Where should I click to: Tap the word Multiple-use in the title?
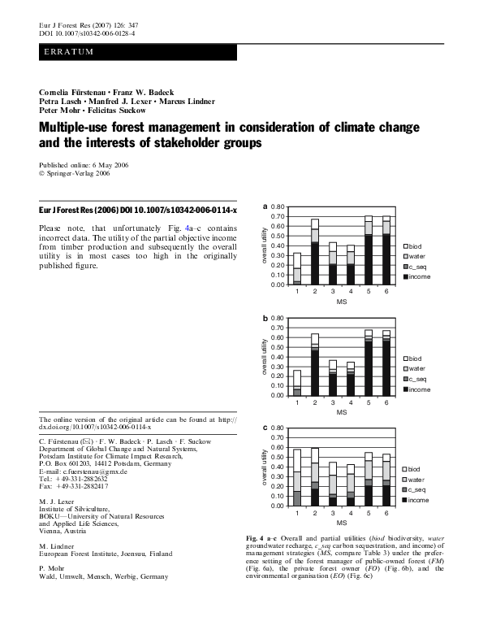point(80,128)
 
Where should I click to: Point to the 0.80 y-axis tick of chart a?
point(278,207)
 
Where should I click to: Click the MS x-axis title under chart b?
point(342,412)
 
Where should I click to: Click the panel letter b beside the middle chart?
point(265,317)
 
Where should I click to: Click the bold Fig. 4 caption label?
point(258,539)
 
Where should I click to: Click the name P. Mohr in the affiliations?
point(55,566)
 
